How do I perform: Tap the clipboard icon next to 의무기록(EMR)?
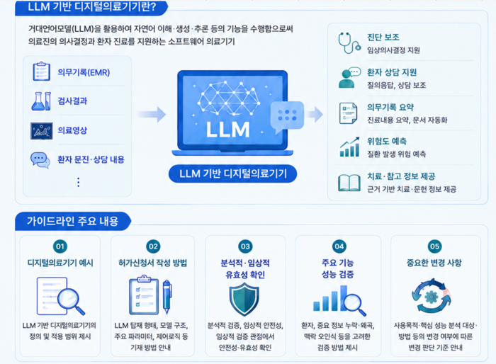click(41, 72)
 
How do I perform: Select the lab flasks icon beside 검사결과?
click(41, 101)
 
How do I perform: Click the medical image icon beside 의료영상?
click(41, 130)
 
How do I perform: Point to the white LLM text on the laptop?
click(227, 130)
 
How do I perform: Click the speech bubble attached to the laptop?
click(287, 116)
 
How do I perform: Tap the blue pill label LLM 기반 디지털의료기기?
click(233, 174)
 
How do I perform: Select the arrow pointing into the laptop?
click(152, 114)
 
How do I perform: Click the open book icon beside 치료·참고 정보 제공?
click(349, 183)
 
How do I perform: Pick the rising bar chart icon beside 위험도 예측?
click(349, 147)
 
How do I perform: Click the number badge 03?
click(245, 246)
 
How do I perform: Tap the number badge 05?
click(434, 246)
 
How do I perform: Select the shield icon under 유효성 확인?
click(244, 299)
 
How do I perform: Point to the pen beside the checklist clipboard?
click(167, 296)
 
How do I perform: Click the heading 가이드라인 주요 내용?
click(72, 221)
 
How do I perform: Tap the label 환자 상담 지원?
click(392, 72)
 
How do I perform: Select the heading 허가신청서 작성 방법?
click(152, 263)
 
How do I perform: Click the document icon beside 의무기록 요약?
click(348, 113)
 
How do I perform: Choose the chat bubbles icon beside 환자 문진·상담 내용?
click(40, 160)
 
